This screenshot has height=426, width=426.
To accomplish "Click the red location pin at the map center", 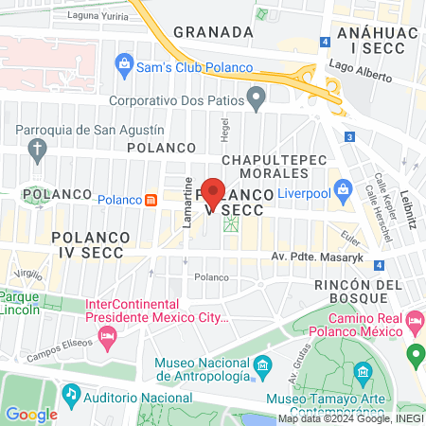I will point(214,192).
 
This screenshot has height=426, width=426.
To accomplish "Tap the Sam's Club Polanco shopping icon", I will point(123,65).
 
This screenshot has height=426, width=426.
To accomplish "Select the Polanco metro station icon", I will point(151,200).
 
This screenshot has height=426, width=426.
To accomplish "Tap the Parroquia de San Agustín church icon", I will point(38,149).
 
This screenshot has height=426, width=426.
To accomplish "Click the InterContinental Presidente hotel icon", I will point(109,336).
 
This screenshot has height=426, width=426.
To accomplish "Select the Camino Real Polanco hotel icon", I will point(414,324).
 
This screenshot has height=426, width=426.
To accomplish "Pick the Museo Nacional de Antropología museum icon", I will point(263,364).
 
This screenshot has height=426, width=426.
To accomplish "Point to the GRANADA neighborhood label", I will point(214,31).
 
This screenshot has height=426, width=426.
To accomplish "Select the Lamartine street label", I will point(189,200).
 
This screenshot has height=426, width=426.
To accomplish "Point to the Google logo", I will point(32,413).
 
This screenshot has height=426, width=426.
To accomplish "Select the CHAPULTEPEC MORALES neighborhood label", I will point(256,166).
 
